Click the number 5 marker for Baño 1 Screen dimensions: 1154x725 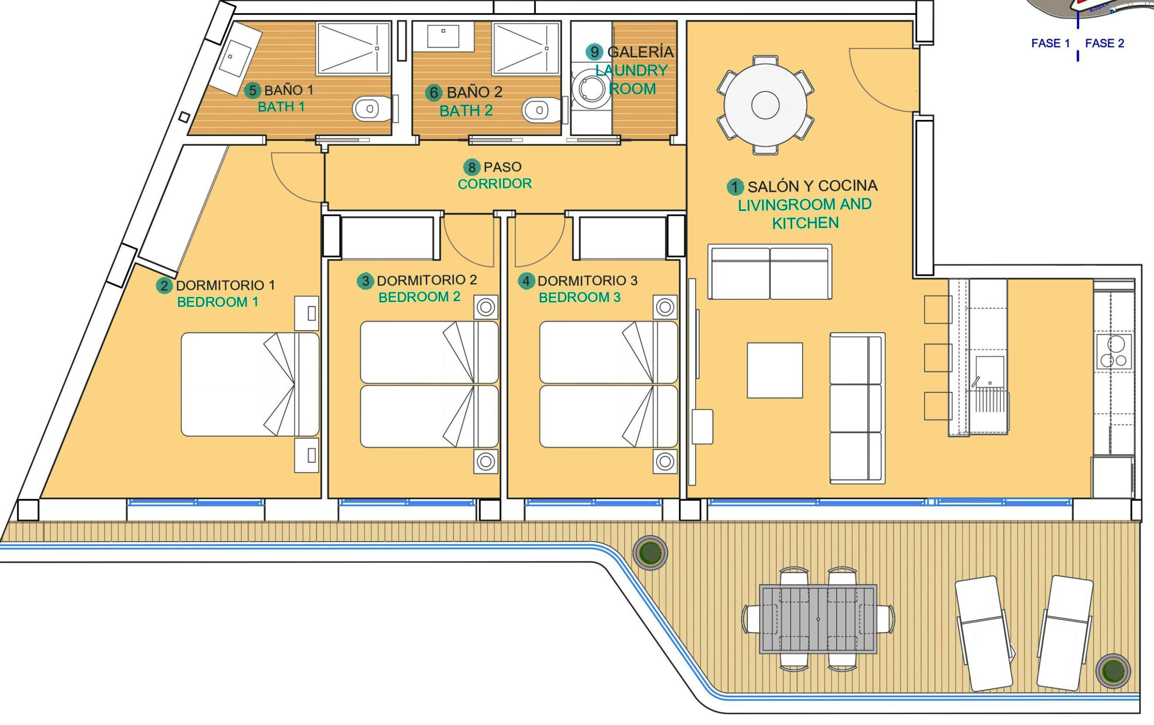coord(252,90)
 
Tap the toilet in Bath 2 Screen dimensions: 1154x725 coord(541,110)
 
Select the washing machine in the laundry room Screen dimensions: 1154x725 coord(591,87)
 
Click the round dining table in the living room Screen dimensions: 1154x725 coord(765,105)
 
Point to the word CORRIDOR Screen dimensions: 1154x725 coord(495,184)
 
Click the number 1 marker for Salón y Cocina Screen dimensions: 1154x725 coord(735,187)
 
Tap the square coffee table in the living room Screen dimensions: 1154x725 coord(775,370)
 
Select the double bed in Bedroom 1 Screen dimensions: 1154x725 coord(250,384)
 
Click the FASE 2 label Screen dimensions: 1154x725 coord(1104,43)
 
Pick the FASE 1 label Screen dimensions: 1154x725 coord(1050,43)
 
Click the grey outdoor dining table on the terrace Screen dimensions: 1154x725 coord(818,619)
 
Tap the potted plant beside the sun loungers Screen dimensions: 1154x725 coord(1113,670)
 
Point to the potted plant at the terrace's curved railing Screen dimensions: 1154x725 coord(650,552)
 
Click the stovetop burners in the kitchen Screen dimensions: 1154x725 coord(1114,352)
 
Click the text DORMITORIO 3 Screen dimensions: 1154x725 coord(587,281)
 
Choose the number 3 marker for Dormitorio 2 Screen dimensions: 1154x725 coord(365,281)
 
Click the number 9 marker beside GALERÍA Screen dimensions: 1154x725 coord(594,52)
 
